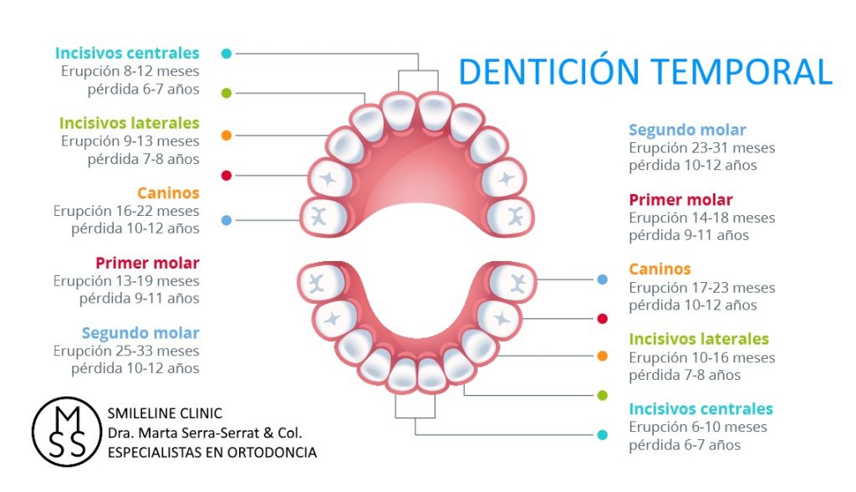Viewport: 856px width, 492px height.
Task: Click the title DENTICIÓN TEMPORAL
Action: click(645, 72)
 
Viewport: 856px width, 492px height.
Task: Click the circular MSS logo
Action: click(65, 432)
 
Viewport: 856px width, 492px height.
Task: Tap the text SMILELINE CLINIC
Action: click(166, 414)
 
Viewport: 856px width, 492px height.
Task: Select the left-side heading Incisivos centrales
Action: click(128, 54)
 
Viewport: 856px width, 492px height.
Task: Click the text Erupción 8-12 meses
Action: click(130, 72)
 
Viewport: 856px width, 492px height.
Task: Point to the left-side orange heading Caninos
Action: click(169, 193)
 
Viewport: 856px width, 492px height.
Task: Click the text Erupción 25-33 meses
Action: click(126, 351)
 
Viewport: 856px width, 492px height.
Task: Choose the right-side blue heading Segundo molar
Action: click(687, 130)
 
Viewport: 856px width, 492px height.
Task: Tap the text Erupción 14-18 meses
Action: click(702, 218)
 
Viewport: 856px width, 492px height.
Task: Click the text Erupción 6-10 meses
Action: click(698, 428)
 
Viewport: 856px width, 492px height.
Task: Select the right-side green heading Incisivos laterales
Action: click(699, 340)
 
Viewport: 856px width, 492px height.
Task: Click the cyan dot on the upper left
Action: click(227, 54)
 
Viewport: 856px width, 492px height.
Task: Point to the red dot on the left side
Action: click(227, 176)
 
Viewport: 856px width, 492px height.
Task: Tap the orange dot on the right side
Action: click(602, 356)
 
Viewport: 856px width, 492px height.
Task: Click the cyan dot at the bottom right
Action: click(602, 434)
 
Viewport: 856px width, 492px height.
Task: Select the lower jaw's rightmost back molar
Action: click(510, 282)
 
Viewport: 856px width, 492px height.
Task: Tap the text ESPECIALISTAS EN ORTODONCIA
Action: click(212, 452)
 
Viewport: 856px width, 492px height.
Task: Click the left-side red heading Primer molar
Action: click(147, 264)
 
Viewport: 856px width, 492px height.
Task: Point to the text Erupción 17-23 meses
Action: click(702, 288)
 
